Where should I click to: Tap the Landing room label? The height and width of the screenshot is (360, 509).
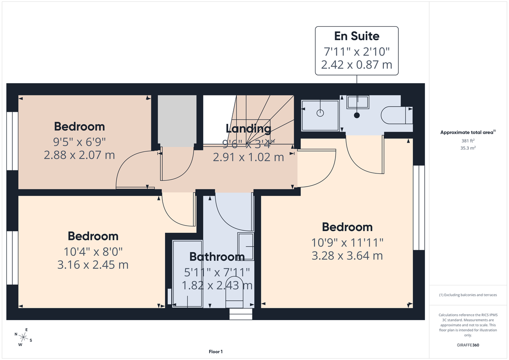[x=248, y=128]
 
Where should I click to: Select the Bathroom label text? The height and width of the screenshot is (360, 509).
[x=217, y=257]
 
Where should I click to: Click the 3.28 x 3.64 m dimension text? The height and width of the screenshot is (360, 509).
[x=347, y=256]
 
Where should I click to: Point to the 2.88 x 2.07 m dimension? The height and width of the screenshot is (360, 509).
[x=79, y=155]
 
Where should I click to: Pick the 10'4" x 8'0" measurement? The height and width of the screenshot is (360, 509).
[x=92, y=251]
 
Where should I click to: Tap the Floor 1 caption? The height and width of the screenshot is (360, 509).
[x=215, y=352]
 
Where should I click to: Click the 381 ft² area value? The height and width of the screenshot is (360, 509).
[x=469, y=140]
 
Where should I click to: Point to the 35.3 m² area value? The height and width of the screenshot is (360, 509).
[x=469, y=148]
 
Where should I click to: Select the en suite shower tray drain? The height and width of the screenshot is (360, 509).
[x=320, y=113]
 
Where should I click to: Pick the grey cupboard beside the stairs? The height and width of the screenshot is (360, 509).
[x=177, y=120]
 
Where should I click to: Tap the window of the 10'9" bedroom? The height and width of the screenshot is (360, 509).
[x=419, y=208]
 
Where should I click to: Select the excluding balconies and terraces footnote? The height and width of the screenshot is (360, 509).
[x=469, y=295]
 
